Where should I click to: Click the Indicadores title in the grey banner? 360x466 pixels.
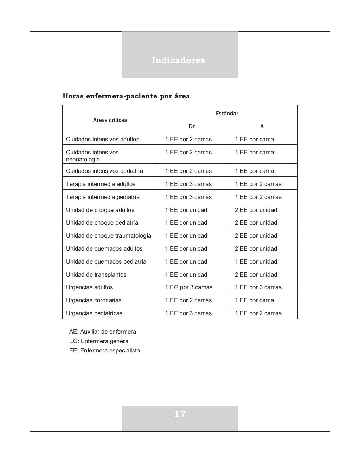(x=179, y=60)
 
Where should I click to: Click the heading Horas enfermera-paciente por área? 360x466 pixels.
(x=126, y=96)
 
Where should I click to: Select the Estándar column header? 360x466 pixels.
(x=227, y=113)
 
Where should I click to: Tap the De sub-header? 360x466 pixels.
(x=192, y=126)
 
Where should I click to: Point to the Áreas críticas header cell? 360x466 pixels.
(x=110, y=120)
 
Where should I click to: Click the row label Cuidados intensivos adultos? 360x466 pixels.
(x=103, y=139)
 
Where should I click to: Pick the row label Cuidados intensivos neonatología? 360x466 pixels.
(x=92, y=156)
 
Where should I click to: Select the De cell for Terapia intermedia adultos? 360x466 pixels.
(x=188, y=184)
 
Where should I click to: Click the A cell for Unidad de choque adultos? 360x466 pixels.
(x=256, y=210)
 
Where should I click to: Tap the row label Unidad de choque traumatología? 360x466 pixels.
(x=109, y=235)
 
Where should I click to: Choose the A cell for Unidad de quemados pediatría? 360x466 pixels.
(x=256, y=261)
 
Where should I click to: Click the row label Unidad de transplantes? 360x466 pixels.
(x=96, y=274)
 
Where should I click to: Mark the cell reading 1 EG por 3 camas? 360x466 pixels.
(x=189, y=287)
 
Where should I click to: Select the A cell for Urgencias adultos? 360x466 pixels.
(x=258, y=287)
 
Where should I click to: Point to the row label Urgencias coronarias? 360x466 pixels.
(x=94, y=300)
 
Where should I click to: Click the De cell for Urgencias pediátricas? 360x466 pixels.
(x=188, y=313)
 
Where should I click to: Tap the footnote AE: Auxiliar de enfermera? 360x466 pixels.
(x=103, y=331)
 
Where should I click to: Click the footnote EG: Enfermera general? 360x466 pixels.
(x=99, y=341)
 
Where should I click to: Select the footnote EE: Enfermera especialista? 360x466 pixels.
(x=105, y=350)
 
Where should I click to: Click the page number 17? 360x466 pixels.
(x=180, y=414)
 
